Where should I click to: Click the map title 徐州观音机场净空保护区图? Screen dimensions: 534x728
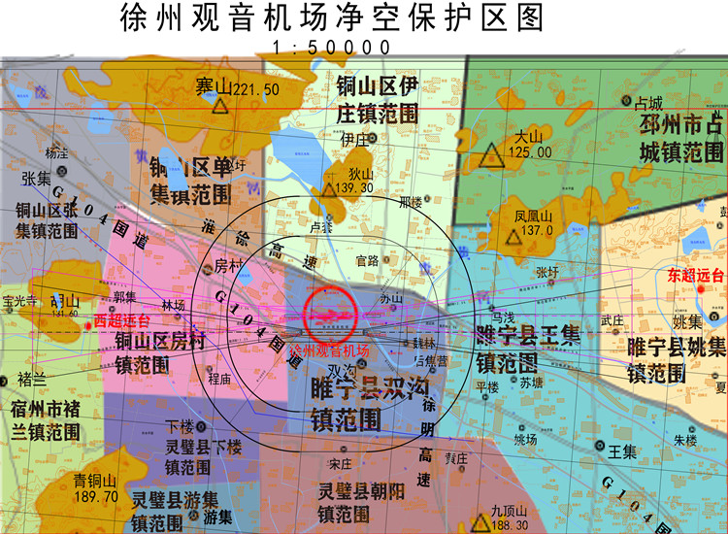(331, 17)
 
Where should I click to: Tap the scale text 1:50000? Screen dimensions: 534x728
(332, 47)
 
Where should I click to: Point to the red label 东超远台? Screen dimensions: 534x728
(696, 275)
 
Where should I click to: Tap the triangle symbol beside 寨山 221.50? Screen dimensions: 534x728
(222, 105)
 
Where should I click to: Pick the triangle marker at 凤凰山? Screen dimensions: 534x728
(513, 236)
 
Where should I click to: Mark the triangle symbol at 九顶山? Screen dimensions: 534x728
(480, 524)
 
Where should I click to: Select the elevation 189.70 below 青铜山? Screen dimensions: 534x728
(95, 495)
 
